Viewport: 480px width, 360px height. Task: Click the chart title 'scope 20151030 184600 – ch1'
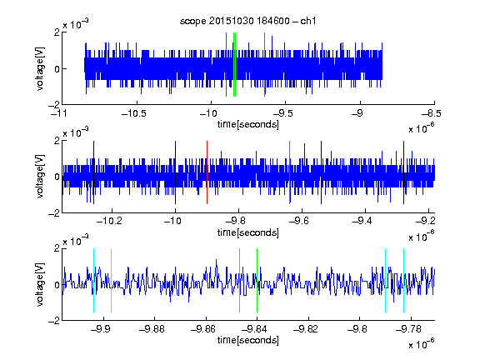[x=248, y=21]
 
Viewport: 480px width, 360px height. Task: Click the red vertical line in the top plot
[x=226, y=65]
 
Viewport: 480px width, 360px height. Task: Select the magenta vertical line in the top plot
[x=264, y=65]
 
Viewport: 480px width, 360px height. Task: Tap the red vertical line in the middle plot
[x=207, y=172]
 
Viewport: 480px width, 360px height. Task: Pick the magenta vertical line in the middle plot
[x=290, y=172]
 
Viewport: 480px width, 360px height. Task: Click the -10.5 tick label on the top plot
[x=134, y=113]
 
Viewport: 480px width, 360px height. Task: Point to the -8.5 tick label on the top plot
[x=432, y=113]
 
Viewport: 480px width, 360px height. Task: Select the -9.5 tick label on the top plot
[x=282, y=113]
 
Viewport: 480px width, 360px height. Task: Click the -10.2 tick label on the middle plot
[x=109, y=221]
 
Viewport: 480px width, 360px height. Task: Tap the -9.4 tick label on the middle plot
[x=362, y=221]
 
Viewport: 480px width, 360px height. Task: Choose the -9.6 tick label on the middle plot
[x=299, y=221]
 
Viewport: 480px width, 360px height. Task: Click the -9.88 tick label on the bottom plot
[x=152, y=329]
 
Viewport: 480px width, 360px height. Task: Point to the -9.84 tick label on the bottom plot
[x=254, y=329]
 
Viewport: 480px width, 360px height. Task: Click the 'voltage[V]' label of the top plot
[x=40, y=68]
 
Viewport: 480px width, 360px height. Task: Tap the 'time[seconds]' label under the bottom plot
[x=248, y=340]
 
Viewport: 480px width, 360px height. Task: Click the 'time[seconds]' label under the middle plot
[x=248, y=232]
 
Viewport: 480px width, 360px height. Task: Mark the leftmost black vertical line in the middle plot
[x=93, y=172]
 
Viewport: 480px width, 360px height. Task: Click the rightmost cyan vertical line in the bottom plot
[x=404, y=280]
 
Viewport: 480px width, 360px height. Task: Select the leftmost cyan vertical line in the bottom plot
[x=93, y=280]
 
